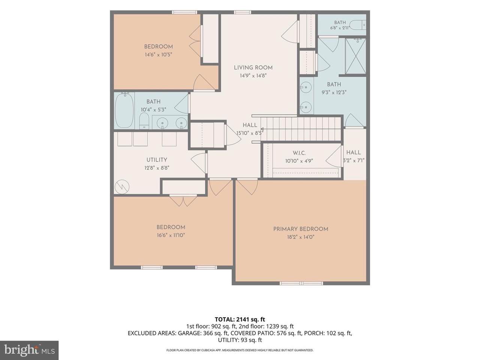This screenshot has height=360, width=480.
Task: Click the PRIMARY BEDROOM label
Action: pyautogui.click(x=300, y=229)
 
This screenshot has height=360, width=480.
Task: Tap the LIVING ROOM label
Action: pyautogui.click(x=253, y=68)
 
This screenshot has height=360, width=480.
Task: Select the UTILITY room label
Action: pyautogui.click(x=157, y=160)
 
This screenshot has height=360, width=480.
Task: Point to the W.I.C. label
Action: pyautogui.click(x=299, y=153)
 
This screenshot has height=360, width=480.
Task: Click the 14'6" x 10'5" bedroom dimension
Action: pyautogui.click(x=159, y=54)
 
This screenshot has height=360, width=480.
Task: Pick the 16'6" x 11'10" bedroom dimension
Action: pyautogui.click(x=171, y=235)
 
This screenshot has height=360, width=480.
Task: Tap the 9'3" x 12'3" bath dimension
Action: pyautogui.click(x=334, y=93)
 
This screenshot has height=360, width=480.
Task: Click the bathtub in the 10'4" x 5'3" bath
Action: pyautogui.click(x=124, y=110)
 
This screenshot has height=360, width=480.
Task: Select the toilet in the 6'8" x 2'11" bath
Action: pyautogui.click(x=358, y=25)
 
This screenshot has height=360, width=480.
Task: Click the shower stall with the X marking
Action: pyautogui.click(x=355, y=56)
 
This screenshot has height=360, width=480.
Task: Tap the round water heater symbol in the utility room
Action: pyautogui.click(x=122, y=187)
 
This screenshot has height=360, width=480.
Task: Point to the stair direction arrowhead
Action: pyautogui.click(x=262, y=129)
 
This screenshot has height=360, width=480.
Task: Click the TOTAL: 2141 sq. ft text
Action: pyautogui.click(x=240, y=319)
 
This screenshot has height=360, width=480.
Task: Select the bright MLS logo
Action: pyautogui.click(x=29, y=351)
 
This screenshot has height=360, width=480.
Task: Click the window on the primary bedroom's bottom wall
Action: pyautogui.click(x=301, y=283)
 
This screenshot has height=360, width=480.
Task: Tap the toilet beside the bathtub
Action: pyautogui.click(x=144, y=121)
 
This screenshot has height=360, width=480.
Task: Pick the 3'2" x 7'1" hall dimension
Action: pyautogui.click(x=354, y=160)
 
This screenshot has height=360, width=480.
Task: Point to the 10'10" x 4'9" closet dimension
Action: pyautogui.click(x=299, y=161)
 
